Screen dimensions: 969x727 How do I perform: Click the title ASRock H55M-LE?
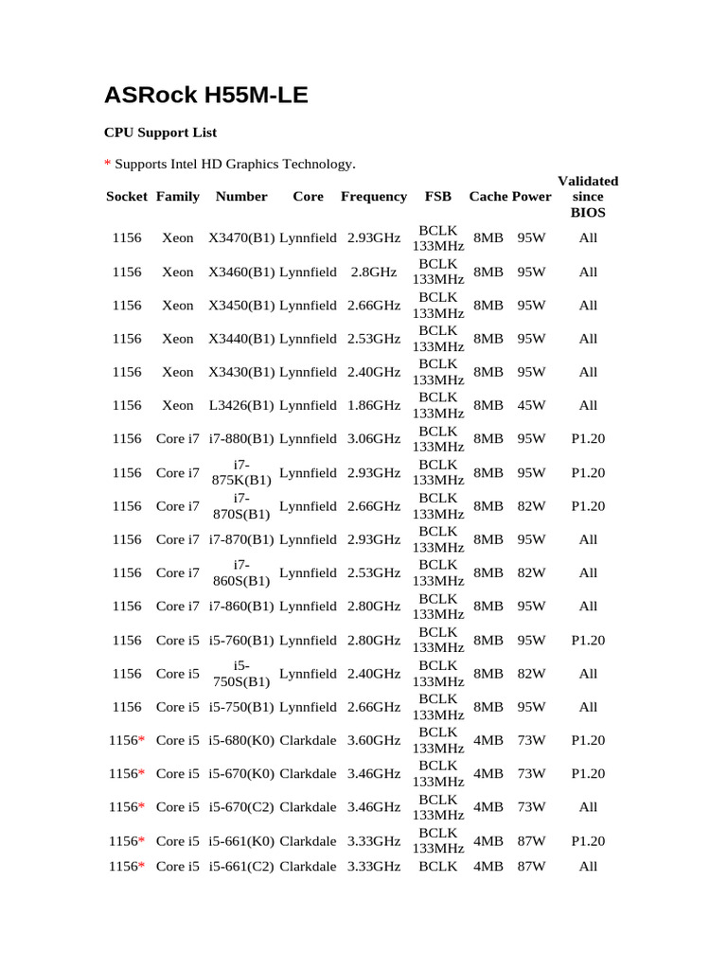point(205,95)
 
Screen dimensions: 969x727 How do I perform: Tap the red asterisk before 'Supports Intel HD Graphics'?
point(107,165)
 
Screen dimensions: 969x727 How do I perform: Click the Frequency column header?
point(374,197)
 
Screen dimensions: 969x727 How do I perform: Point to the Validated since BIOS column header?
point(588,197)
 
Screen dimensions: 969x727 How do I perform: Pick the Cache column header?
point(488,197)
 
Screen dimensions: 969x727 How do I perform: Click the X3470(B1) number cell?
point(241,238)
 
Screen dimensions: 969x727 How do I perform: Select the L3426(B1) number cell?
point(241,406)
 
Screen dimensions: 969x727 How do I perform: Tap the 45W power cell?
point(531,406)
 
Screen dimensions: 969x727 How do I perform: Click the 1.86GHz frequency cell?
point(374,406)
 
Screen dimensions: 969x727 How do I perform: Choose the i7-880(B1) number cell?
point(241,439)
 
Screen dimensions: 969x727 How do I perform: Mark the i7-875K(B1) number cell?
point(241,472)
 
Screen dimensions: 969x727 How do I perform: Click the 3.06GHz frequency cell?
point(374,439)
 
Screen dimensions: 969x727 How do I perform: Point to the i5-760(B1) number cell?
point(241,641)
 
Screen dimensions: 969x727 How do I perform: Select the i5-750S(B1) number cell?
point(241,674)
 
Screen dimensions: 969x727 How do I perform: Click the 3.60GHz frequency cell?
point(374,741)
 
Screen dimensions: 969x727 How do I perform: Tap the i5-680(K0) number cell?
point(241,741)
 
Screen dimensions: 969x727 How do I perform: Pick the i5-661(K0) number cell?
point(241,841)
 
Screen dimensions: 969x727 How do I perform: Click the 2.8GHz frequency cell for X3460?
point(374,273)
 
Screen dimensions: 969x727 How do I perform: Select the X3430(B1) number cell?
point(241,372)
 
